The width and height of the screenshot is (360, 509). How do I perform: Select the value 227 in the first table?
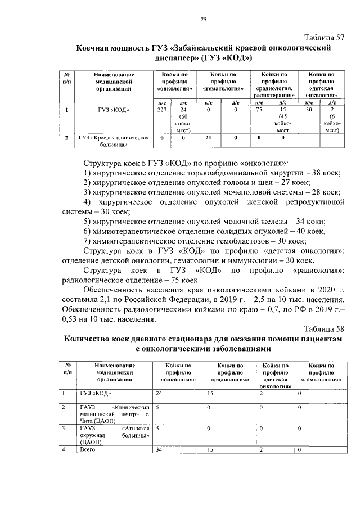pyautogui.click(x=163, y=110)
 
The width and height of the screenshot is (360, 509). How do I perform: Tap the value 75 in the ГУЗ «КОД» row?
pyautogui.click(x=259, y=110)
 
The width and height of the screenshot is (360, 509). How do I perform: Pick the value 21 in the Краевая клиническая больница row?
pyautogui.click(x=208, y=137)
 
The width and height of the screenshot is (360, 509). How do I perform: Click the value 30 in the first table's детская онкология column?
pyautogui.click(x=308, y=110)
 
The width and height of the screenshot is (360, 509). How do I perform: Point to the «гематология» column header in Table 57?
pyautogui.click(x=223, y=82)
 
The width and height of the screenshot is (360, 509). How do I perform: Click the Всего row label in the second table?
pyautogui.click(x=89, y=449)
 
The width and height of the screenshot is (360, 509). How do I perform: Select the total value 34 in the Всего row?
pyautogui.click(x=159, y=449)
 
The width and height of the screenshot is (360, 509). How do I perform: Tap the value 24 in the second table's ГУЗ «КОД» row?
pyautogui.click(x=159, y=393)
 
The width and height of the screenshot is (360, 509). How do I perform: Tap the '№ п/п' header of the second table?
pyautogui.click(x=67, y=369)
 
